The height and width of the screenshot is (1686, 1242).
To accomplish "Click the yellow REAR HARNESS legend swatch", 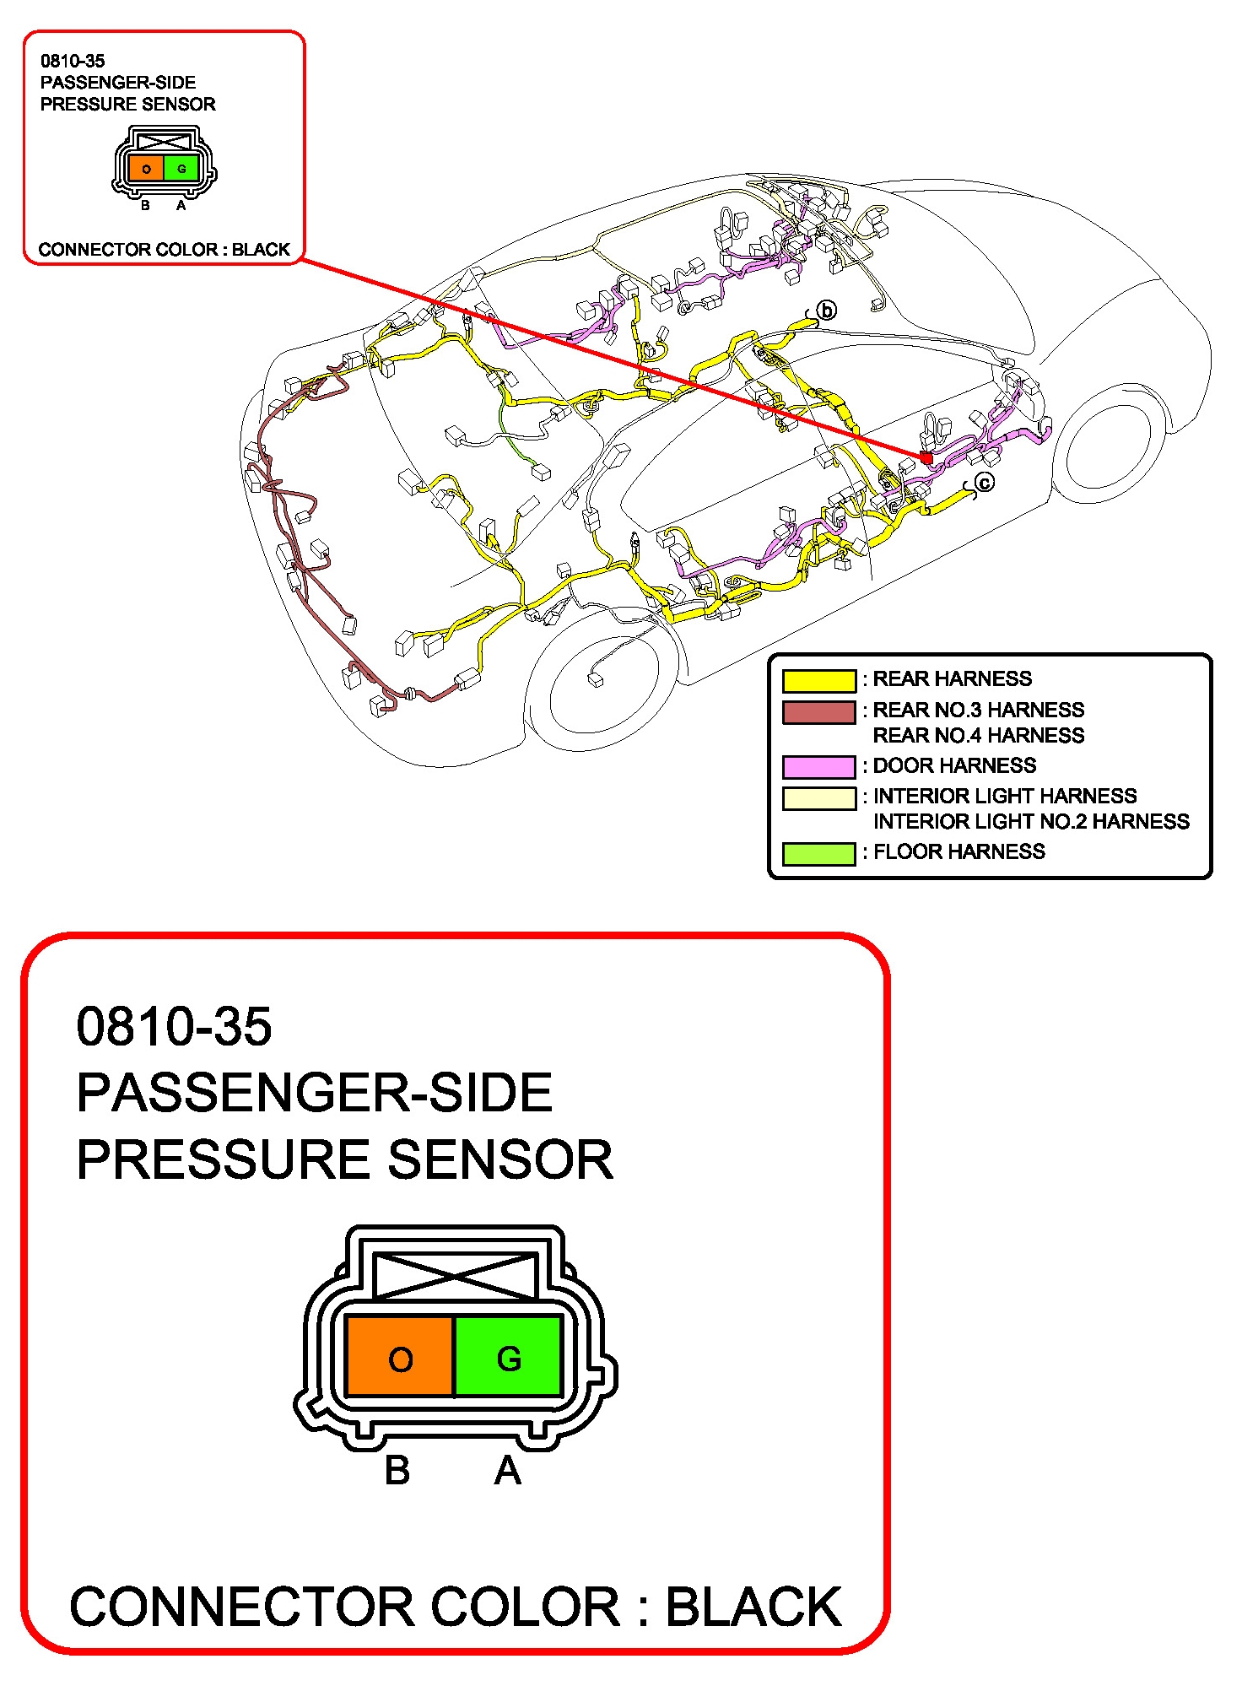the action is tap(818, 680).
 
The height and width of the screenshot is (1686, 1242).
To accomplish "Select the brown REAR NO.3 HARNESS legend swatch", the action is tap(818, 712).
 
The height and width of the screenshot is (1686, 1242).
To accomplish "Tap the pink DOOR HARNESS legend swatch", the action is tap(818, 766).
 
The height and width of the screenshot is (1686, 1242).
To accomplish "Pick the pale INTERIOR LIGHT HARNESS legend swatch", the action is tap(818, 797).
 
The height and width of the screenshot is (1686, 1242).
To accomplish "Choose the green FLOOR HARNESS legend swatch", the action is tap(818, 853).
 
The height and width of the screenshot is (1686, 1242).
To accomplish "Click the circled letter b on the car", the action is tap(827, 311).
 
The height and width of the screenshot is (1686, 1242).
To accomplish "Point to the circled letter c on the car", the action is tap(985, 483).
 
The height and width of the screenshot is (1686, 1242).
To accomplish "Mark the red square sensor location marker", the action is tap(926, 457).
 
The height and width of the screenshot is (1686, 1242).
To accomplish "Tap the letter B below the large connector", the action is tap(397, 1470).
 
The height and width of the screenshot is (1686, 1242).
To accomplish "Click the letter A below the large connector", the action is tap(507, 1470).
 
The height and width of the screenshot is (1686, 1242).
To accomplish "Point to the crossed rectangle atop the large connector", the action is tap(455, 1275).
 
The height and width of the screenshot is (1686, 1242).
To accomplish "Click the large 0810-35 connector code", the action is tap(174, 1026).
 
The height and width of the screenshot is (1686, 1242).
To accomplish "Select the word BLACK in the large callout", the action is tap(753, 1607).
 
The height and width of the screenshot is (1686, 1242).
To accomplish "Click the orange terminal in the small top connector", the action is tap(146, 168).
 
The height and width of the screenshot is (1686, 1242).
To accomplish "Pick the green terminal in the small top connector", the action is tap(181, 168).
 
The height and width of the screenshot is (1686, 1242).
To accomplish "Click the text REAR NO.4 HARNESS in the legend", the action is tap(979, 736).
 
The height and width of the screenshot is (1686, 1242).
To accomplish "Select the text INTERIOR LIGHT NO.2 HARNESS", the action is tap(1031, 822).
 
